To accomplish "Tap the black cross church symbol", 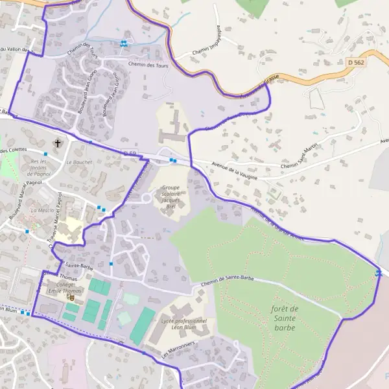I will (x=58, y=143).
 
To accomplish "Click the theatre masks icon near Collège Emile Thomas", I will (x=71, y=297).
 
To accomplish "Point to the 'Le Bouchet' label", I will (x=79, y=162).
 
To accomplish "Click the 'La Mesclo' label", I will (x=43, y=211).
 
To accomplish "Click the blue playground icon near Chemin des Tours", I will (x=123, y=43).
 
